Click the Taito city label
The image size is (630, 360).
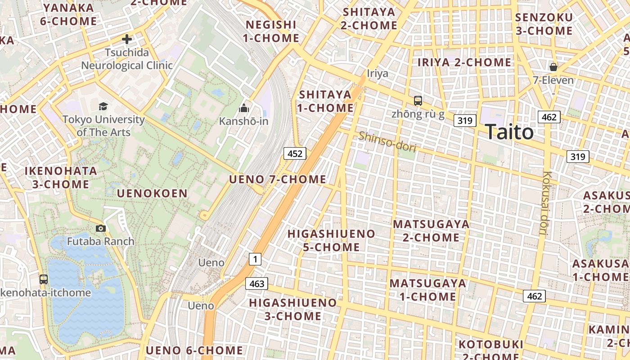pos(510,132)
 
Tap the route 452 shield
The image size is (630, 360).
pos(295,154)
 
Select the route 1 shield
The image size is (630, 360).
pos(255,259)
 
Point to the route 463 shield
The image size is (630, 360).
pos(256,283)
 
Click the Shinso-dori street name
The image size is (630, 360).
pos(387,141)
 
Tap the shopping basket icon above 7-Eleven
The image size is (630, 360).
pos(553,67)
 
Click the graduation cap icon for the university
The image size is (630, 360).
pos(103,107)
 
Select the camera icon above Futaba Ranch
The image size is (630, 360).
pos(101,229)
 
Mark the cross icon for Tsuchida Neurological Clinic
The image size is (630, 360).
pos(127,39)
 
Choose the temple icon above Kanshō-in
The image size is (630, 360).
pos(244,108)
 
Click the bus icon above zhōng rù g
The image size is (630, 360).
pos(418,101)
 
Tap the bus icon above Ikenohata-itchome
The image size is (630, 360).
pos(44,279)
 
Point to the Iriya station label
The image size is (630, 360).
pos(378,73)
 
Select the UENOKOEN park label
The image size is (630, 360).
pos(152,193)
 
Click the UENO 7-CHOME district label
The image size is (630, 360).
pos(278,179)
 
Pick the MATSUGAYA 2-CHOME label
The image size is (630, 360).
pos(431,230)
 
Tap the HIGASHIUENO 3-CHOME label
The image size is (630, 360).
pos(293,309)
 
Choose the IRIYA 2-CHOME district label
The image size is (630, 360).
pos(465,62)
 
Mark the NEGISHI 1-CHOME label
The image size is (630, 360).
pos(271,31)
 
